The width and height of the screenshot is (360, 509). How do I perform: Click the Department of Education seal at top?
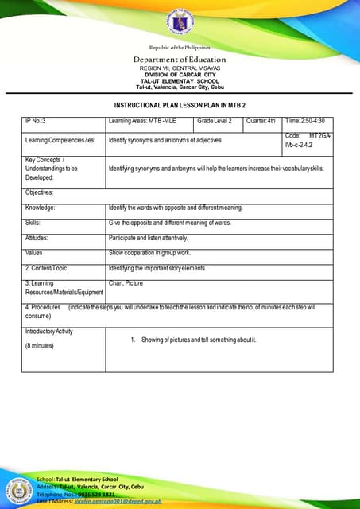(179, 25)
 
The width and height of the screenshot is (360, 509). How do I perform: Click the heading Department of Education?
(179, 60)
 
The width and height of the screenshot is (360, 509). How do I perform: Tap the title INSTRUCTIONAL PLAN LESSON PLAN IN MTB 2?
(179, 106)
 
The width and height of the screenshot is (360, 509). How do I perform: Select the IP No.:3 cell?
(36, 121)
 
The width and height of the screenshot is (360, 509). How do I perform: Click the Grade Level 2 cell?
(215, 121)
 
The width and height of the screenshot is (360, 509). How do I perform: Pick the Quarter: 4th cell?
(261, 121)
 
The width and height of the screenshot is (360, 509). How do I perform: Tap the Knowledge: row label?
(41, 208)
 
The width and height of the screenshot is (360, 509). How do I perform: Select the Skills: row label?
(33, 223)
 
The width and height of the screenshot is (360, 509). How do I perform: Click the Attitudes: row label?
(37, 238)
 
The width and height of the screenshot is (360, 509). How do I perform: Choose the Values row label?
(33, 252)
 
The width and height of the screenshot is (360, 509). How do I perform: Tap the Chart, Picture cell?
(126, 282)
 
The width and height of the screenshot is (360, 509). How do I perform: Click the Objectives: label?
(39, 192)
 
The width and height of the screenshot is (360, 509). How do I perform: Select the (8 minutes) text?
(40, 346)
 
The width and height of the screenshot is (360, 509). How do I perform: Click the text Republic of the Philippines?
(179, 49)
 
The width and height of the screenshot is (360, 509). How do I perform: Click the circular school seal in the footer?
(17, 488)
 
